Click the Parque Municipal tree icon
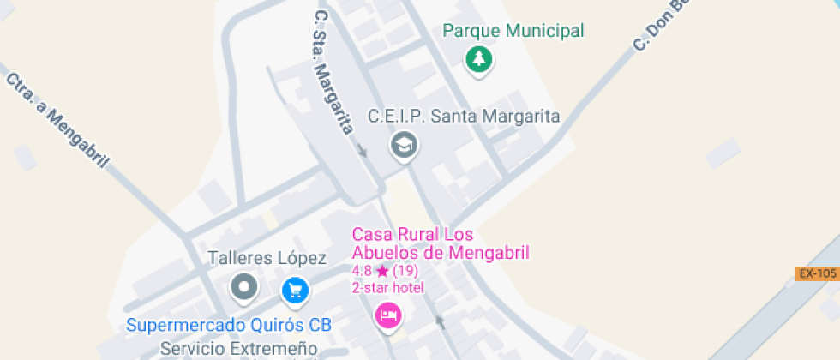coord(479,60)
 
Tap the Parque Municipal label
coord(513,32)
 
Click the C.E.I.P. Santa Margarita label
coord(464,117)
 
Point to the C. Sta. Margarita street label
coord(333,72)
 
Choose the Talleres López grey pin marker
coord(244,287)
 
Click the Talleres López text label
coord(267,258)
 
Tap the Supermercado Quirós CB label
coord(229,326)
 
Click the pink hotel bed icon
coord(388,315)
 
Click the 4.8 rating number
coord(362,271)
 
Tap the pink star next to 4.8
coord(382,271)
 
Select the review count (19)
coord(405,271)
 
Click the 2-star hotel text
coord(388,287)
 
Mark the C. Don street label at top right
coord(661,27)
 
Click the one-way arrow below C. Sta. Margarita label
coord(362,151)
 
